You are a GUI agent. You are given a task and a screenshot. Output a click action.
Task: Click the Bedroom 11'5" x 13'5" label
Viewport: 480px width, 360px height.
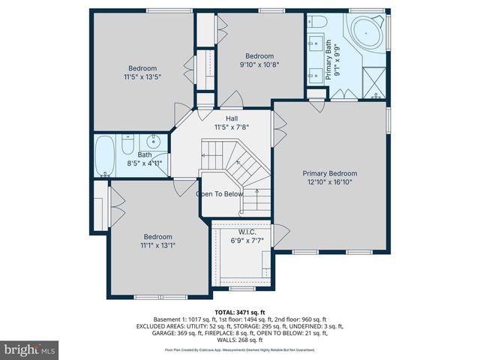(x=142, y=72)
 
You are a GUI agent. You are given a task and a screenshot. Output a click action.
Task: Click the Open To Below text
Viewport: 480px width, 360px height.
(x=220, y=193)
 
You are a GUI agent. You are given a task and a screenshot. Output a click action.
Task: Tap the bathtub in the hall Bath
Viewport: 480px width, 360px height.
(x=104, y=155)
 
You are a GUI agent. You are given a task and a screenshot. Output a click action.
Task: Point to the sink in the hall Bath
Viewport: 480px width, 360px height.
(x=155, y=141)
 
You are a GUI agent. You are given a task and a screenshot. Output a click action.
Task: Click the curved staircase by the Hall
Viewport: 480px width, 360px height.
(x=240, y=169)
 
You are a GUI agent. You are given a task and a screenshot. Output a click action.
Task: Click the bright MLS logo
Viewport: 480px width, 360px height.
(x=30, y=349)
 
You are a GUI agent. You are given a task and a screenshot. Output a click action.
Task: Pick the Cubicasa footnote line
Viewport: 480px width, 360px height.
(x=240, y=349)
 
